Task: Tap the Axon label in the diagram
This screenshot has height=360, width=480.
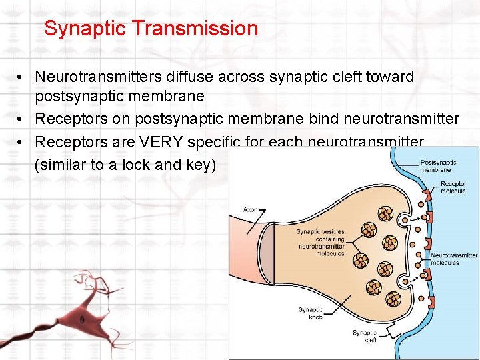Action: pyautogui.click(x=250, y=209)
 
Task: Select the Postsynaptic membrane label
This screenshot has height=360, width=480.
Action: pyautogui.click(x=439, y=165)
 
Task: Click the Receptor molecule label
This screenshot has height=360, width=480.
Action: pyautogui.click(x=453, y=187)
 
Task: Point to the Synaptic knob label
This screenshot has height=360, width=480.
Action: pyautogui.click(x=311, y=312)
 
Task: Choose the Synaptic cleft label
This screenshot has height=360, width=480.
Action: pyautogui.click(x=364, y=336)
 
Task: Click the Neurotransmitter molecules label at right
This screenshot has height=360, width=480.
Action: pyautogui.click(x=453, y=259)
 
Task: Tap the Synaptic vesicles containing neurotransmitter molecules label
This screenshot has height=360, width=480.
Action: pyautogui.click(x=320, y=242)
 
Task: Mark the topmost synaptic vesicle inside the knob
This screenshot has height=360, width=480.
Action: pyautogui.click(x=385, y=213)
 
